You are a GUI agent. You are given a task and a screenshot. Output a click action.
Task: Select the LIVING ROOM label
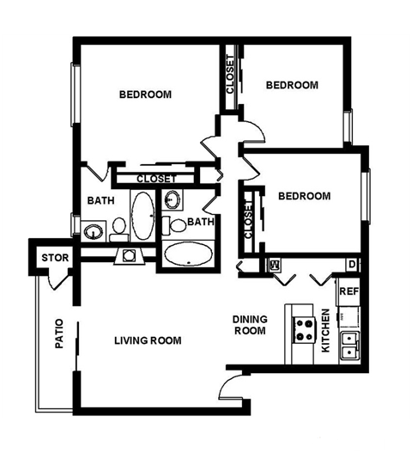(x=148, y=340)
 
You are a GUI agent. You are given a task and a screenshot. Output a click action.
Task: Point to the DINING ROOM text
(x=250, y=325)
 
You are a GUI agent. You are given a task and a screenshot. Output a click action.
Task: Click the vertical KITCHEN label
(x=325, y=331)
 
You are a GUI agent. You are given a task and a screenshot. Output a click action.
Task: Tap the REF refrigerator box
(x=348, y=292)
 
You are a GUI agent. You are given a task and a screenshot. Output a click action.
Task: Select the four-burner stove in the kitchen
(x=304, y=328)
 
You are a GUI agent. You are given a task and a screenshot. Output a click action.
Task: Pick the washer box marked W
(x=276, y=264)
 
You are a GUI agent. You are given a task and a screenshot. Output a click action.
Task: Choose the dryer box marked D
(x=352, y=264)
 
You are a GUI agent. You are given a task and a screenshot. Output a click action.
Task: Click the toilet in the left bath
(x=118, y=228)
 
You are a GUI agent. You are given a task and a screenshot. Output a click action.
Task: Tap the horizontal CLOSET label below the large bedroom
(x=156, y=179)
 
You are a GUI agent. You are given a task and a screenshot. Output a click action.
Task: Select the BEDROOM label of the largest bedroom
(x=144, y=94)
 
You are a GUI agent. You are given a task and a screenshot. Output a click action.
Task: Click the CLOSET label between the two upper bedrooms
(x=230, y=76)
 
